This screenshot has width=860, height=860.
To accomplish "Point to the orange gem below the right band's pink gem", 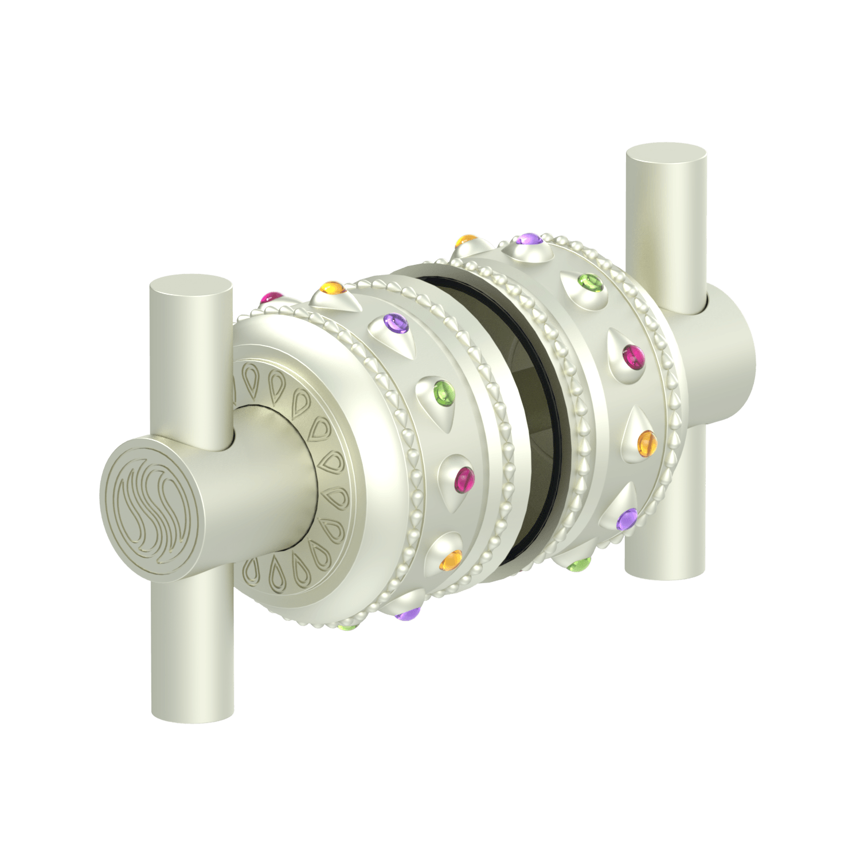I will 646,442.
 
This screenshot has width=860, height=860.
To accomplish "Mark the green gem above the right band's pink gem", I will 589,282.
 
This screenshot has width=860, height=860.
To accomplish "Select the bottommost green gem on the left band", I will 345,628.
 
